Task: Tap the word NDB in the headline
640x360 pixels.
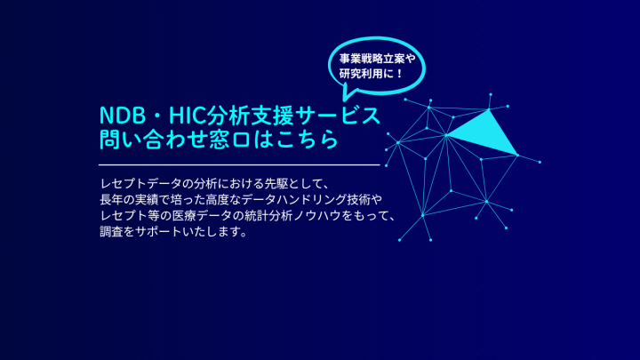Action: coord(123,116)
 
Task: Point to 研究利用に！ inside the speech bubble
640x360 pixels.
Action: coord(372,74)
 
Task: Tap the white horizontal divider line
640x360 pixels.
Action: coord(239,165)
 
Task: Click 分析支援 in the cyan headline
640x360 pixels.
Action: coord(250,116)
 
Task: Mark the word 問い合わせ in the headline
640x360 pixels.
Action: coord(154,140)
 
